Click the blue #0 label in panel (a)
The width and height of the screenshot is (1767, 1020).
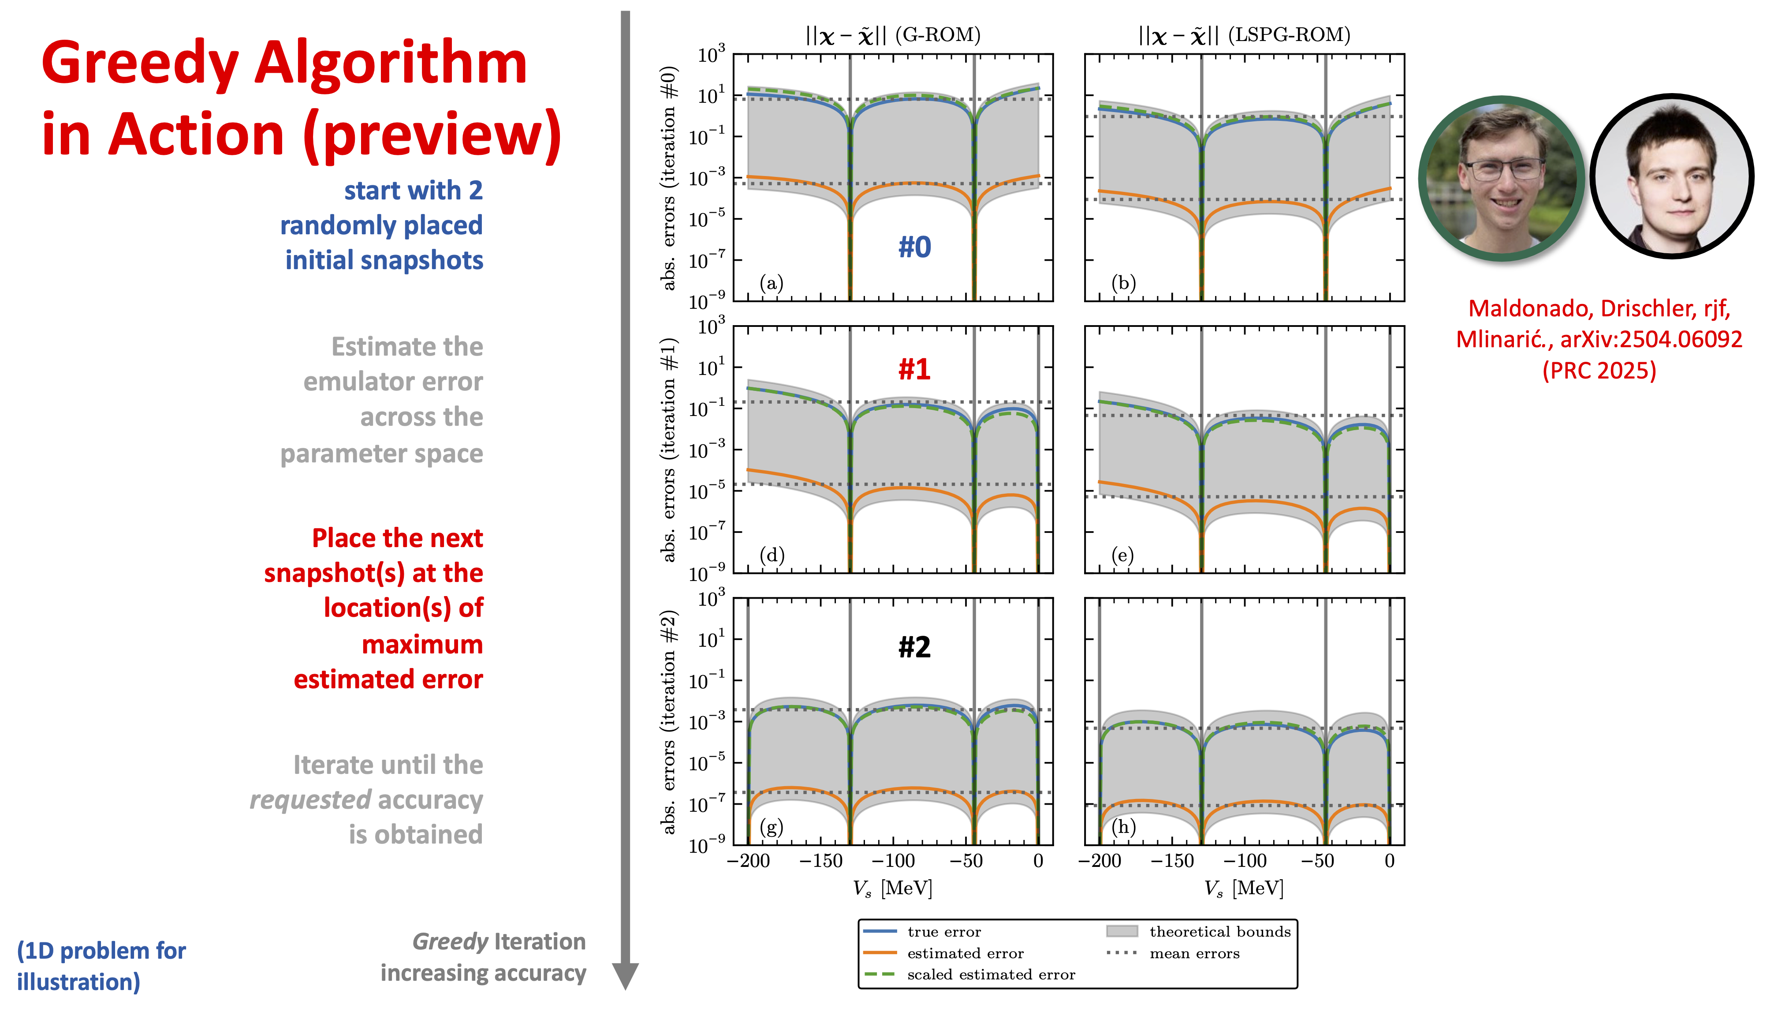(x=914, y=247)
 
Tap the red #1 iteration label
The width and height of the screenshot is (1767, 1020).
(x=914, y=369)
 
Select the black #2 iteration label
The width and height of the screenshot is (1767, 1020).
(x=914, y=647)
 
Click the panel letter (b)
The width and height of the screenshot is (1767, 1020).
(x=1123, y=283)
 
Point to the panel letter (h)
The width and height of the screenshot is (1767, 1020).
(x=1123, y=827)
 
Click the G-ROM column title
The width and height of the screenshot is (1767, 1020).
(x=893, y=35)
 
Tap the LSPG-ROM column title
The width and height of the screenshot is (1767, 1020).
(x=1244, y=35)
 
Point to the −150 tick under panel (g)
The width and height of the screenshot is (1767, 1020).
(x=821, y=861)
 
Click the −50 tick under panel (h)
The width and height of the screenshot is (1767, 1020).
(x=1318, y=861)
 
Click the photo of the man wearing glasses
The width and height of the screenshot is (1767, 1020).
(x=1502, y=179)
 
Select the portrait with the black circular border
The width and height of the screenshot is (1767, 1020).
(x=1672, y=176)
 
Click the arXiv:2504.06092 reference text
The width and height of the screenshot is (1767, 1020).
(x=1651, y=339)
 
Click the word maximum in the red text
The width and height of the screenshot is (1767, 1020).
(x=422, y=645)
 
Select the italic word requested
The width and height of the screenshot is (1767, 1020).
(x=310, y=800)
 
